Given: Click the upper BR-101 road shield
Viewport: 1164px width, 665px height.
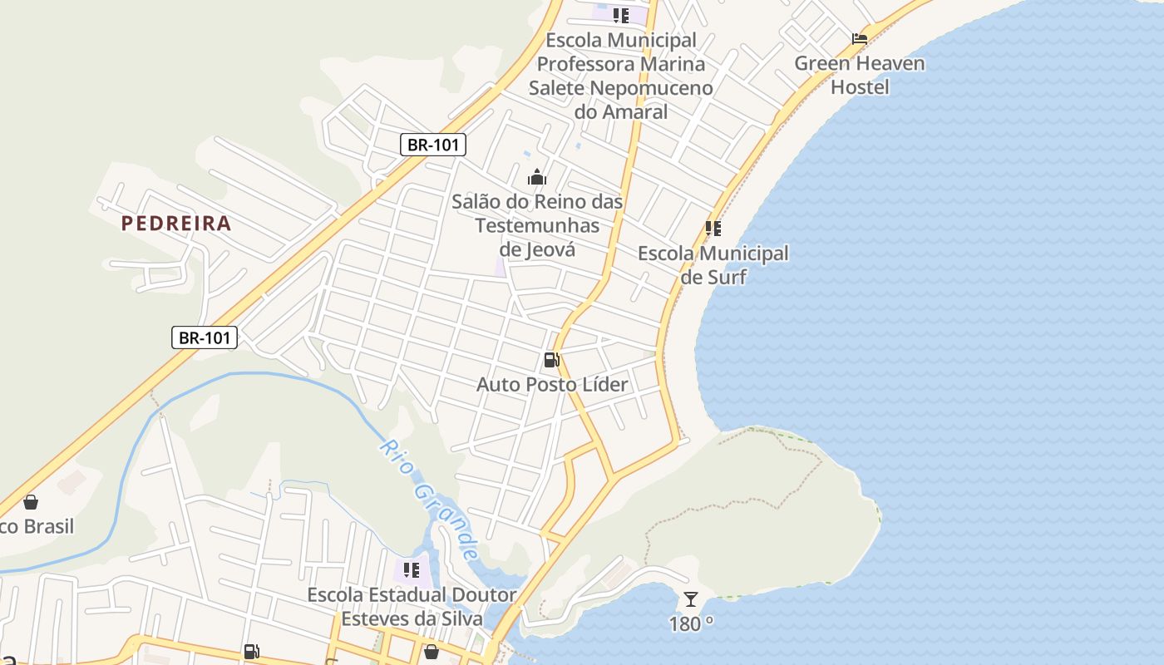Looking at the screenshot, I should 432,145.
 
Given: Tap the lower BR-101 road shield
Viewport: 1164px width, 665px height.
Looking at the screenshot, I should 205,337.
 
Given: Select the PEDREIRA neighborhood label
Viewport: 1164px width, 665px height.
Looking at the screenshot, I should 176,223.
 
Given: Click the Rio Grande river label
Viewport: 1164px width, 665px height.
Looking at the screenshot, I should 430,499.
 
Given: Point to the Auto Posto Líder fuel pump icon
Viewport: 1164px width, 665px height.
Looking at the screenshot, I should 551,360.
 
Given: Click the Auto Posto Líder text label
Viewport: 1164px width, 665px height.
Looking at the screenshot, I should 552,384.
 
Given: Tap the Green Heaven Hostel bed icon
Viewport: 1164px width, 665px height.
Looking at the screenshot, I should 860,39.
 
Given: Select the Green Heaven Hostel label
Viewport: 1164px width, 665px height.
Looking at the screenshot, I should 860,75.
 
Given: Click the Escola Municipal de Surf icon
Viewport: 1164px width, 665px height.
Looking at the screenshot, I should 713,229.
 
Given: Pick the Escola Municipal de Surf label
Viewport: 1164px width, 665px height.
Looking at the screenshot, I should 713,264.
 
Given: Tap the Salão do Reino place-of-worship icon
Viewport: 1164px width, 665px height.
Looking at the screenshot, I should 537,177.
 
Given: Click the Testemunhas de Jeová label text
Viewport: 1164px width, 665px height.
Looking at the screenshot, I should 537,225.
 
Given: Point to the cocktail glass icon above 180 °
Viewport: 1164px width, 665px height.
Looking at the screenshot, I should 691,598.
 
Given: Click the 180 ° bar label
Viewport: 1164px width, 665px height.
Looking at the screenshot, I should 691,623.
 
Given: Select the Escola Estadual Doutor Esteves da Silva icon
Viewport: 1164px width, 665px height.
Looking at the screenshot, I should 412,570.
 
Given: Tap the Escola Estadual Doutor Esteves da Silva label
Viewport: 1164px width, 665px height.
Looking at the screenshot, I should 412,607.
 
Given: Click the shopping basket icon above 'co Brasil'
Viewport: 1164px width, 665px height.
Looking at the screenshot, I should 31,502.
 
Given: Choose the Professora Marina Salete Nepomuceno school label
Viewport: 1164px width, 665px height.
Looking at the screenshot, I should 621,76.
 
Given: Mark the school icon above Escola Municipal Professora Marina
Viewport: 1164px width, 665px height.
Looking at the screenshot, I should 621,15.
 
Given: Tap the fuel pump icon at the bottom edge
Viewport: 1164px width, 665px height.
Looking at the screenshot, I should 251,652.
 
